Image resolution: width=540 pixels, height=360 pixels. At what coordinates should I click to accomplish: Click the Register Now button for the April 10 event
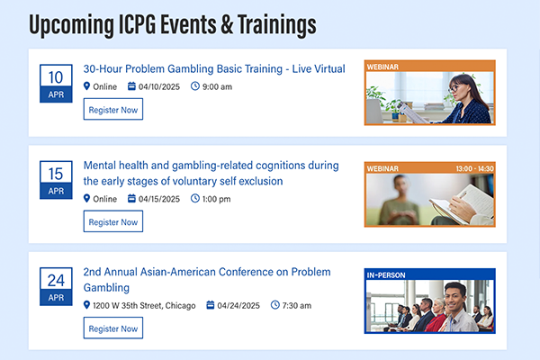(113, 109)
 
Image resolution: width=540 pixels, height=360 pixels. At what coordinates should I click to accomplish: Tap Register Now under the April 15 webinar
(113, 221)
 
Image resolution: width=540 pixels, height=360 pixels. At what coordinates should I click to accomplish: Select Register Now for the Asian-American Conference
(113, 328)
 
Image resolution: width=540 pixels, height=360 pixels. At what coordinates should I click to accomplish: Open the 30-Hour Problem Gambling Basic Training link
(214, 69)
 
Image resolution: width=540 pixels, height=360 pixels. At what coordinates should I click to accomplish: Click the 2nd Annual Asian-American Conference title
(207, 280)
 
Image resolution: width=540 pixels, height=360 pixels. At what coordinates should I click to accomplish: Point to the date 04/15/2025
(159, 199)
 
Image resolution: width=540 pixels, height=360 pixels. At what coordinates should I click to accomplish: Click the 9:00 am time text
(217, 86)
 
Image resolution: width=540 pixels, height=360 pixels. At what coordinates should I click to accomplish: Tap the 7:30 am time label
(296, 306)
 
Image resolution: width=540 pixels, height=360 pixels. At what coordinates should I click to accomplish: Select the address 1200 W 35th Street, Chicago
(144, 306)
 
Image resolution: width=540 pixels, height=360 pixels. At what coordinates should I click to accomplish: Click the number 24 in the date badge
(56, 281)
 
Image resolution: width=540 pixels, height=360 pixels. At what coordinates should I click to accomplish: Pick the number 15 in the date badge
(56, 174)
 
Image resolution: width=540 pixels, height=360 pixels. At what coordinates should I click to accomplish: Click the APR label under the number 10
(56, 94)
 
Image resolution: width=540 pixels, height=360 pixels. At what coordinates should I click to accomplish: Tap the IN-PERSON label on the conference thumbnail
(386, 275)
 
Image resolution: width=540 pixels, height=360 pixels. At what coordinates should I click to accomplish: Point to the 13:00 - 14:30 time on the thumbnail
(475, 169)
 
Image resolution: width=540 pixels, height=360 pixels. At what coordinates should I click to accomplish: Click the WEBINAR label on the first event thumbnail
(382, 67)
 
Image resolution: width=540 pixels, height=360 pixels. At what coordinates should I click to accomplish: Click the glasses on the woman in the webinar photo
(453, 88)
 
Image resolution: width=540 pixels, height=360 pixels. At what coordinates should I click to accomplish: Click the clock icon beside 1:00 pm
(195, 198)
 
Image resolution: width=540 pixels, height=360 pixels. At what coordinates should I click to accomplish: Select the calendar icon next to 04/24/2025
(210, 305)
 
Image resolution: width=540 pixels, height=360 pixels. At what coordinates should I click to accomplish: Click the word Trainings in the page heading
(277, 25)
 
